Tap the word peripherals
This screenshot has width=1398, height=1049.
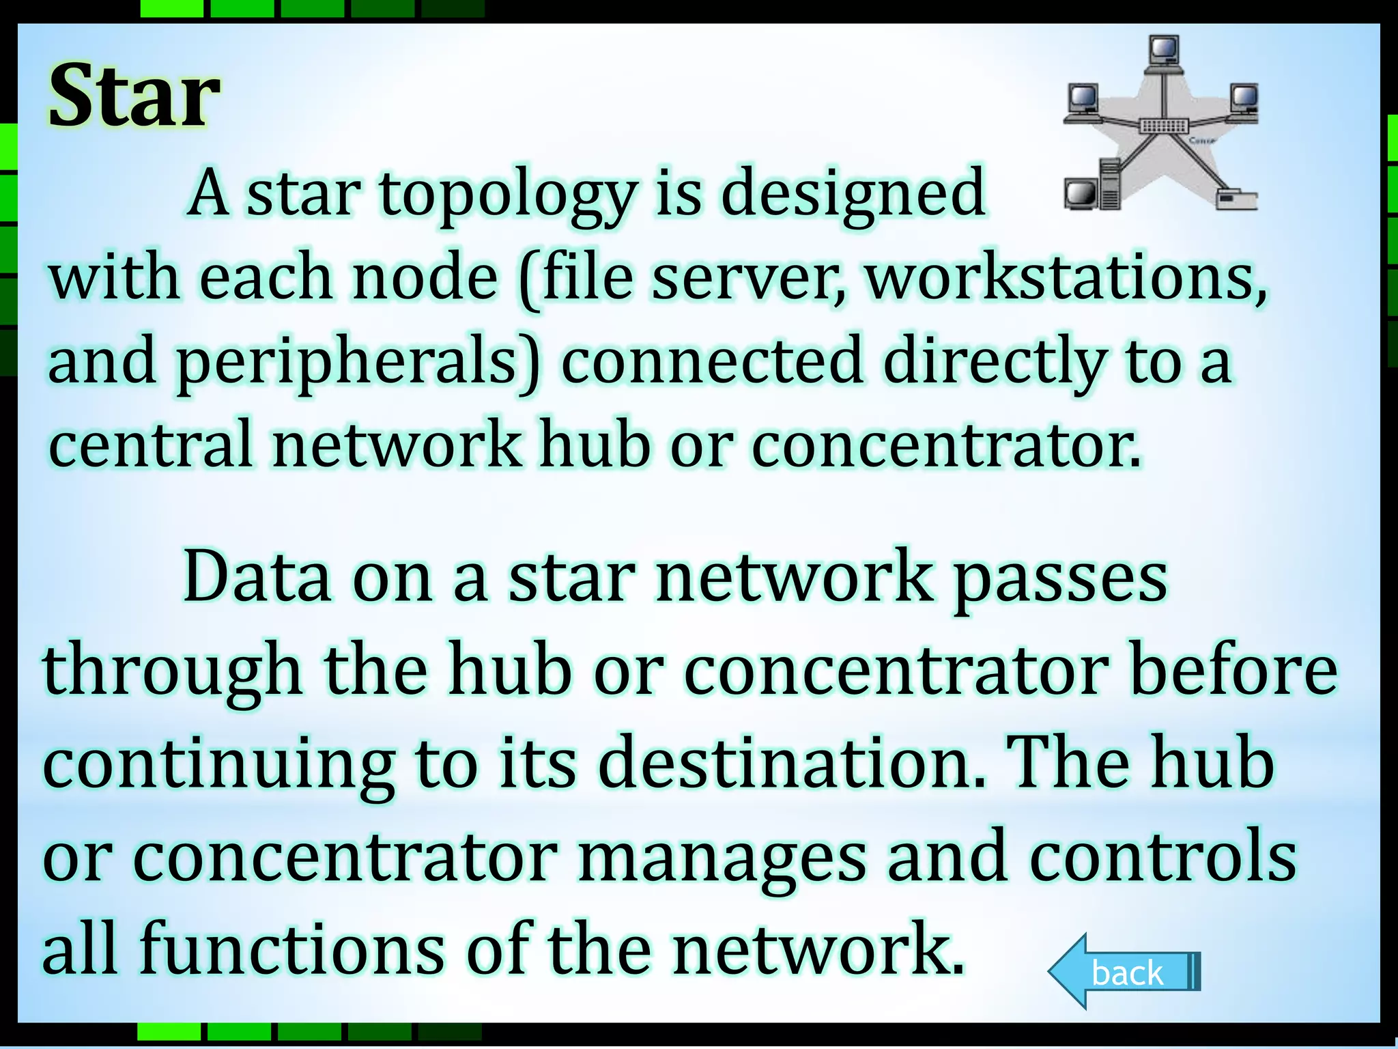click(358, 361)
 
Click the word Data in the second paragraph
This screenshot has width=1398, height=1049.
click(257, 578)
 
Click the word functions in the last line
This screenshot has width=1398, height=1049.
click(292, 949)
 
